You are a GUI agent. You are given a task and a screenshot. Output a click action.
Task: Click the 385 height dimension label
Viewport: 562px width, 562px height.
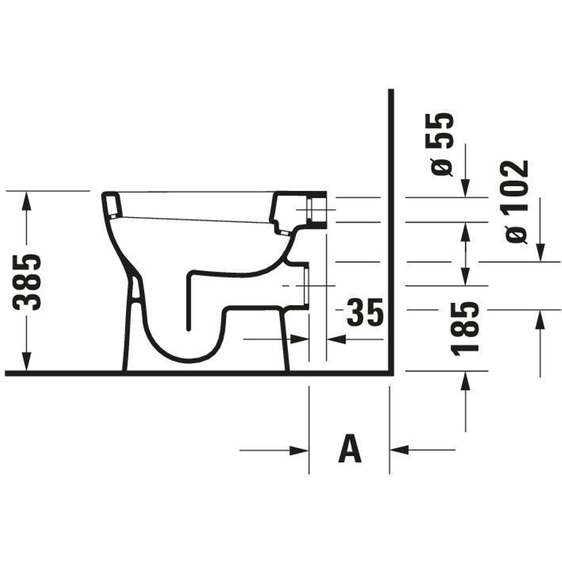click(x=27, y=282)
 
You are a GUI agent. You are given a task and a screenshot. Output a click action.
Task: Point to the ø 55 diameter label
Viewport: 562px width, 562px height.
click(x=442, y=144)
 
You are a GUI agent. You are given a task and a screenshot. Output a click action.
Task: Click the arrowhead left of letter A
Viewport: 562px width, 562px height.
click(x=299, y=459)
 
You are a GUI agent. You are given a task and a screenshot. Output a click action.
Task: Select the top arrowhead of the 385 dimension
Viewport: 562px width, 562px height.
click(x=26, y=200)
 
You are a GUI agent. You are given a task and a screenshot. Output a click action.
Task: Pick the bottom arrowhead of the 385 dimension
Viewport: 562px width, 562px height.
click(x=26, y=362)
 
